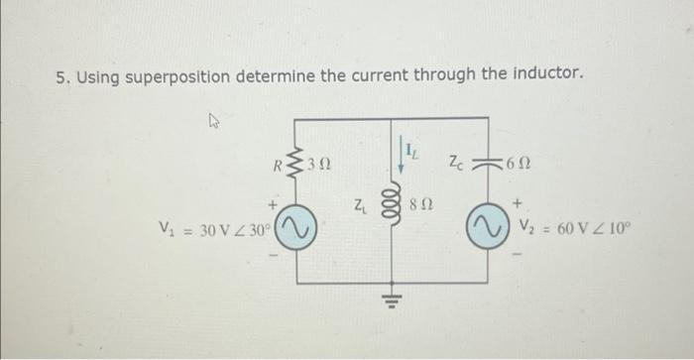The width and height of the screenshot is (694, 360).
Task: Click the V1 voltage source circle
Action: coord(299,230)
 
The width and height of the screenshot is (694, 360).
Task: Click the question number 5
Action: coord(60,75)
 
